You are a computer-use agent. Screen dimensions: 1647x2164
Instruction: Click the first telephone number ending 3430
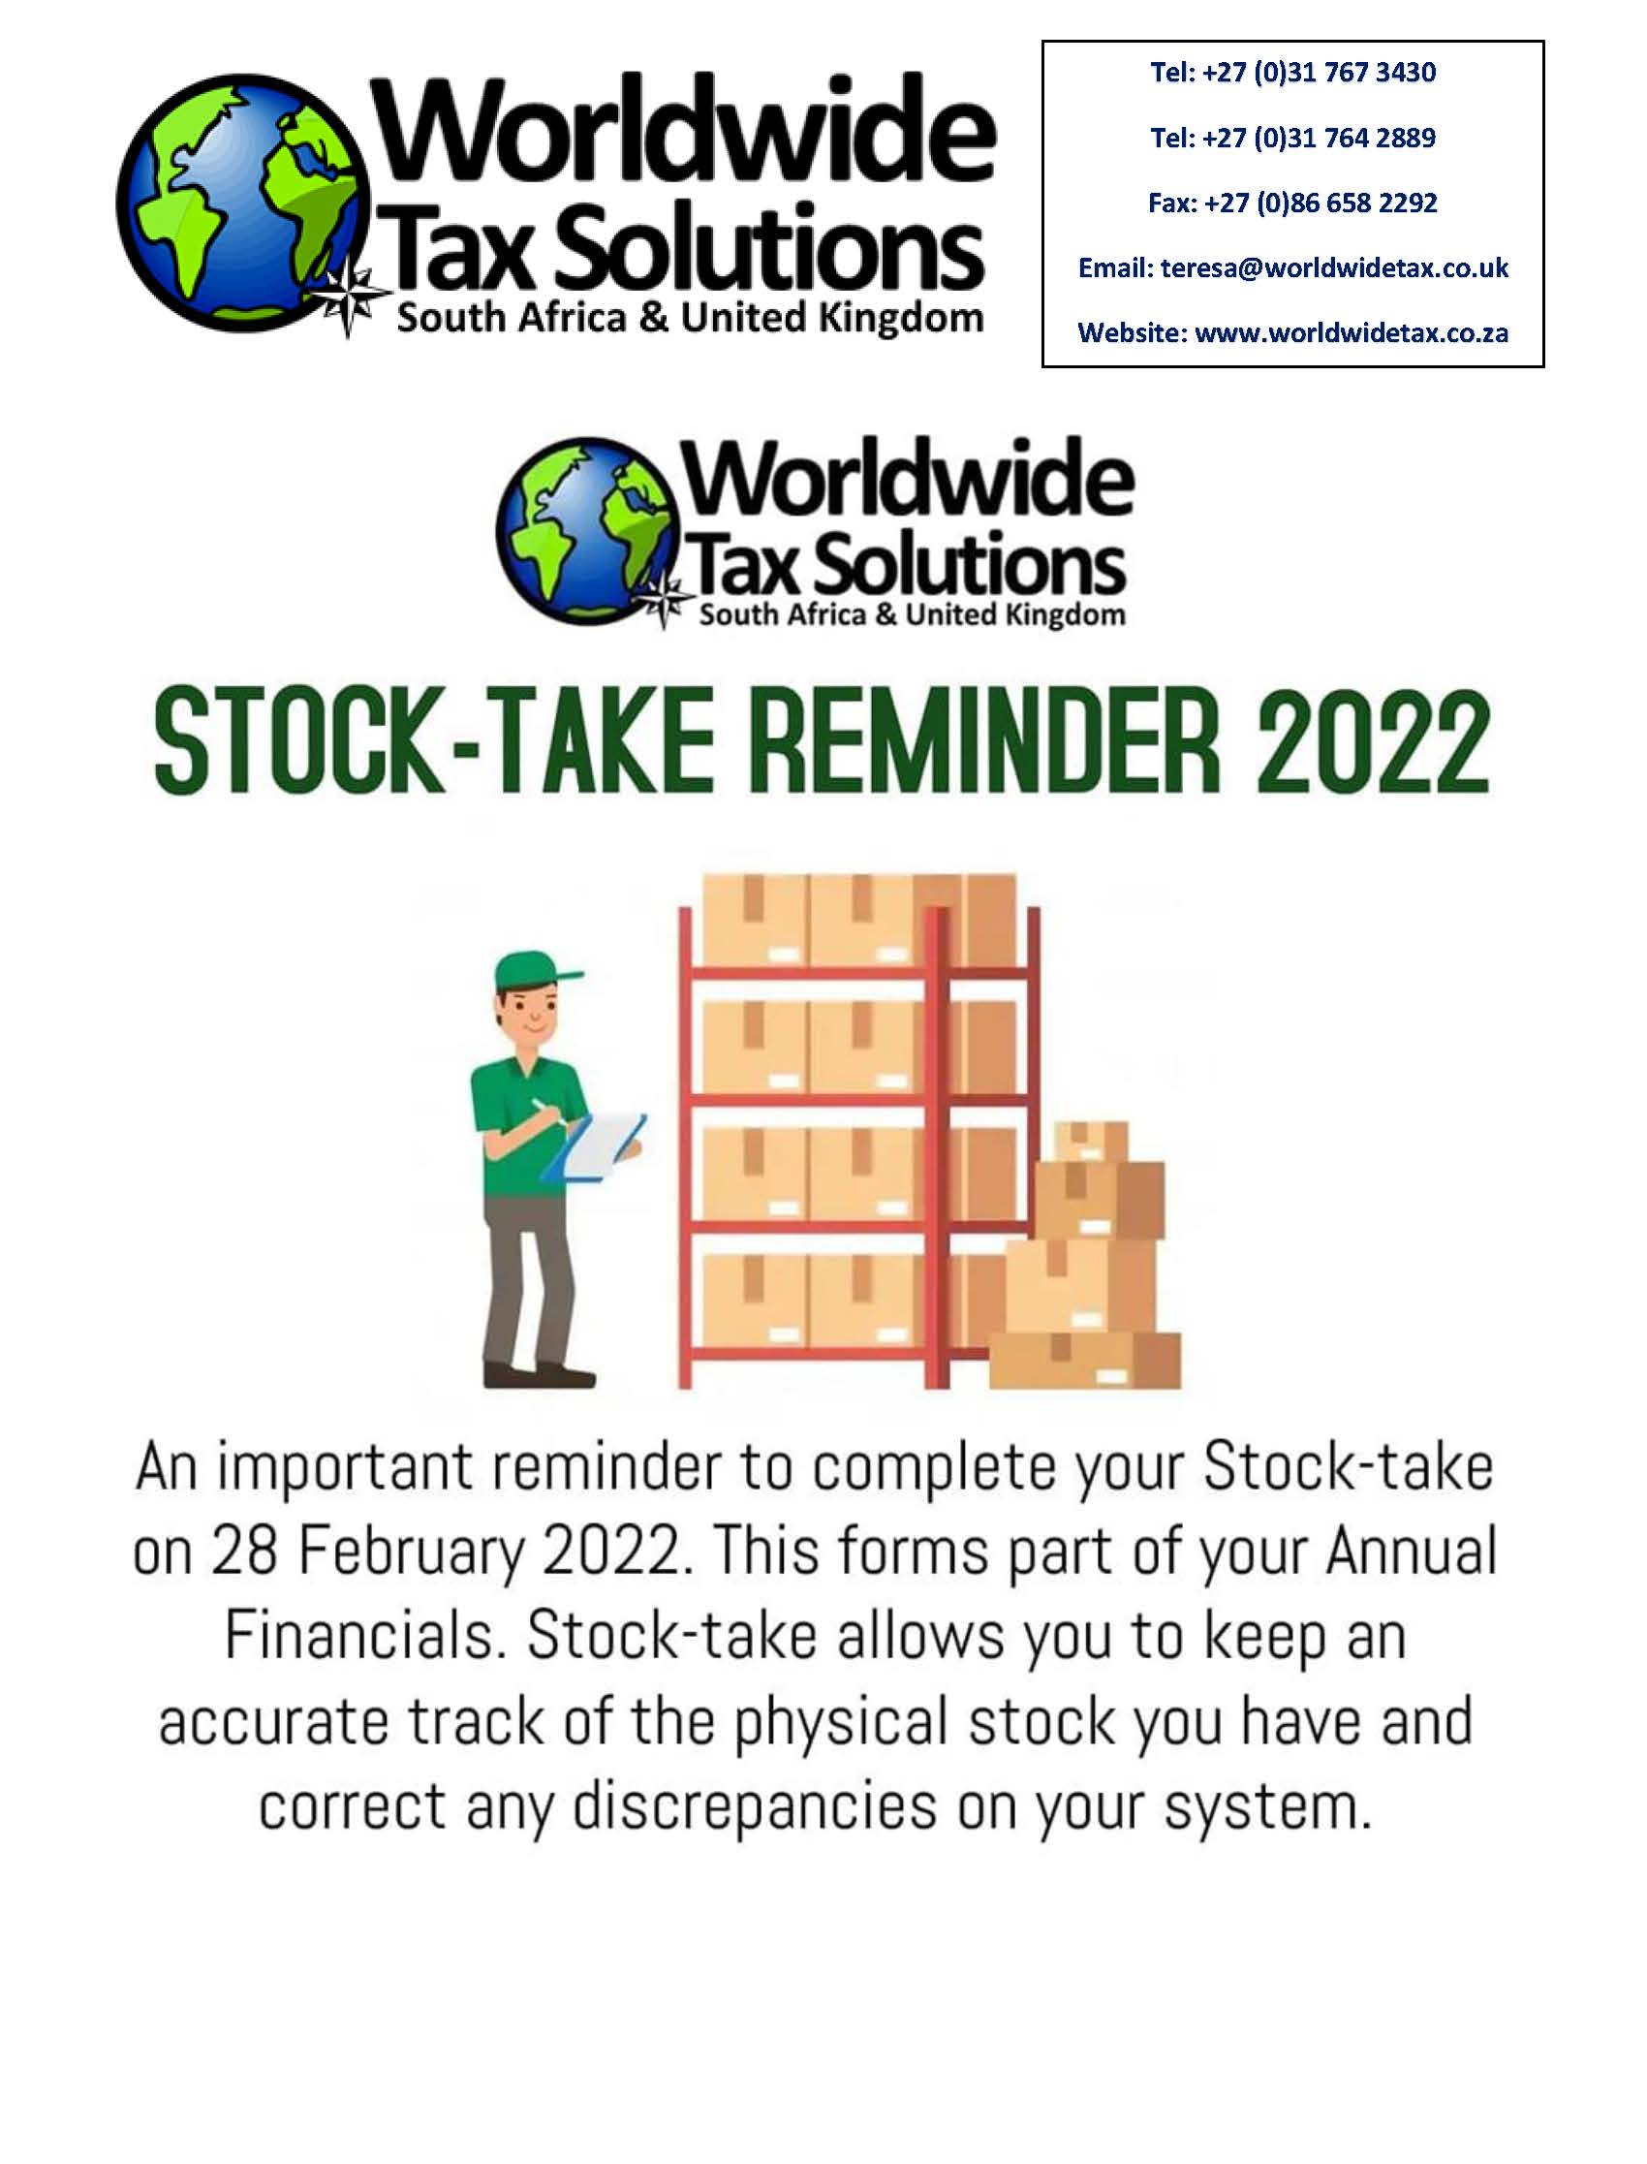(1293, 73)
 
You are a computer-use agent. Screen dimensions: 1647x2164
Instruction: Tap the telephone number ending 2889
(1293, 139)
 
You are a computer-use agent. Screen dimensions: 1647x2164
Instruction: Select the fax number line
(1293, 203)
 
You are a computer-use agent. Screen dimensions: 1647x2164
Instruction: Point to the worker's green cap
(531, 972)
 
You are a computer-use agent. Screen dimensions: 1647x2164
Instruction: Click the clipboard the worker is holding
(595, 1147)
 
